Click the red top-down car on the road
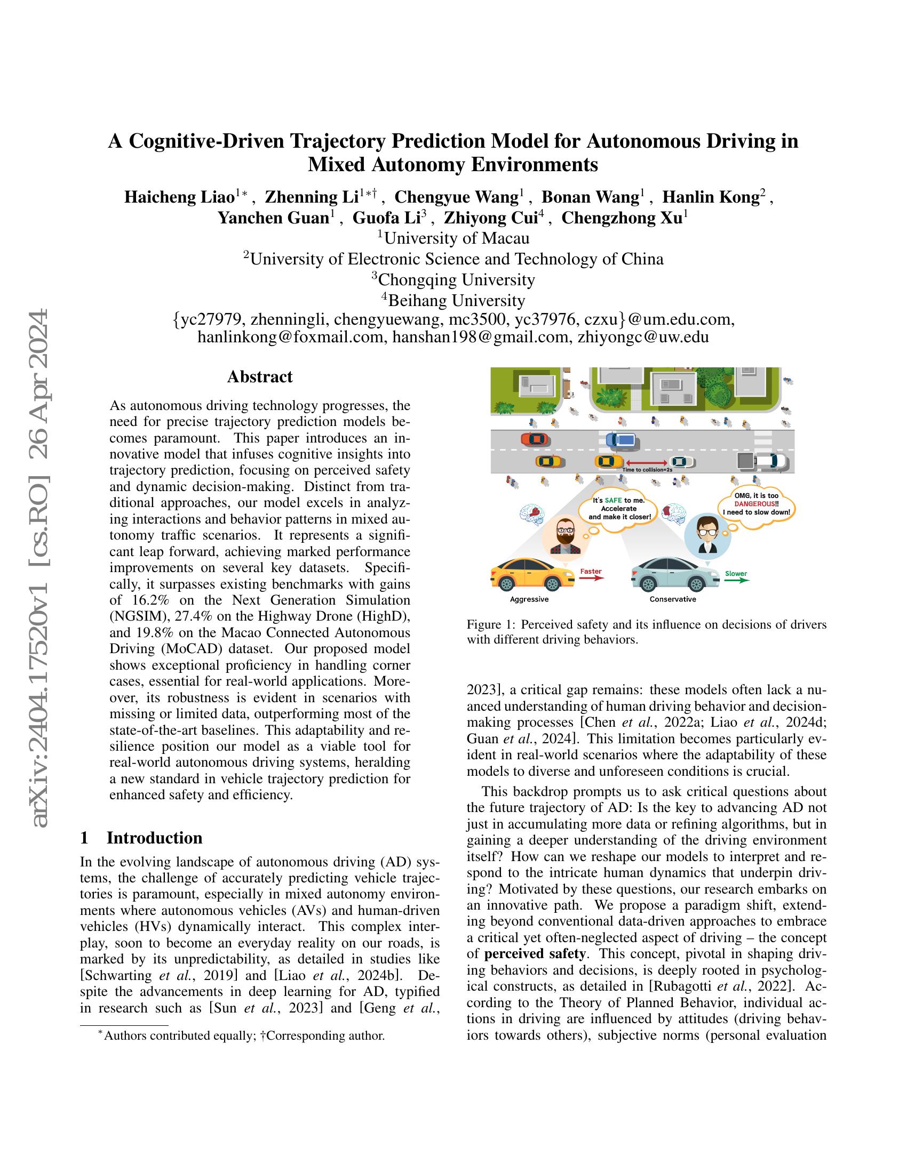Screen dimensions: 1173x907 click(535, 439)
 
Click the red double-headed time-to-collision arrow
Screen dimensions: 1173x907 click(646, 462)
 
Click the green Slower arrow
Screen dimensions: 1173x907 click(736, 580)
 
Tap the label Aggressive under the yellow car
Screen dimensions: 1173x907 click(529, 599)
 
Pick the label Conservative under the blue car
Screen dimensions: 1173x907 click(673, 599)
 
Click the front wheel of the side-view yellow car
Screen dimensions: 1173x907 click(552, 584)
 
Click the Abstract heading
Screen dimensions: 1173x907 click(259, 376)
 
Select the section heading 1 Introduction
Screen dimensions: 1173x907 click(141, 837)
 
